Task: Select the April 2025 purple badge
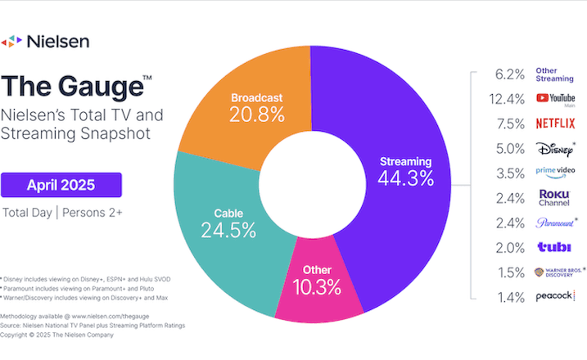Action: (61, 185)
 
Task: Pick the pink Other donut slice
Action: (316, 290)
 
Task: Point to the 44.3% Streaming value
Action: (404, 178)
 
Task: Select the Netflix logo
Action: (555, 124)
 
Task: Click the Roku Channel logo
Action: (554, 197)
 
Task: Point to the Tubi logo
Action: (549, 247)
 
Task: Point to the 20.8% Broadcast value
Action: (256, 115)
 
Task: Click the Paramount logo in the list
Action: (554, 222)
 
